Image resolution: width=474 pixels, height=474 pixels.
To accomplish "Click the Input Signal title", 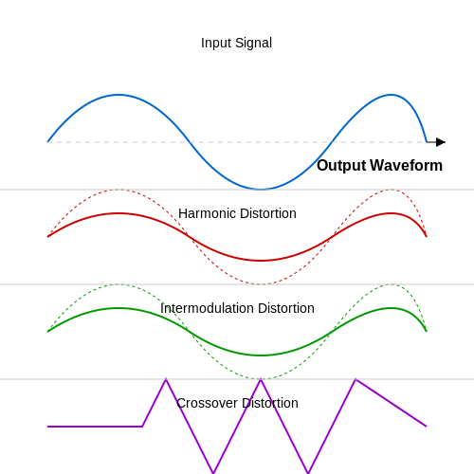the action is coord(236,43).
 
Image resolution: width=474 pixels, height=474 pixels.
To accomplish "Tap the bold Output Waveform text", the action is coord(379,166).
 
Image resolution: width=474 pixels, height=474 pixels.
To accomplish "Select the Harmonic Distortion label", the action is coord(237,213).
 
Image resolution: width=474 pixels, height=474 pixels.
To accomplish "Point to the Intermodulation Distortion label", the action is coord(237,308).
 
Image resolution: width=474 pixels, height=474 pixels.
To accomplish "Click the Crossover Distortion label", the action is coord(237,403).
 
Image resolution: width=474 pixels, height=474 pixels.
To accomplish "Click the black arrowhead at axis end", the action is coord(441,142).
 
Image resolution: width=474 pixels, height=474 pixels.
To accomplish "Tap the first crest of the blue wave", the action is coord(118,95).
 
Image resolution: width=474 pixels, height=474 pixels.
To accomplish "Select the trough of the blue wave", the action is coord(261,190).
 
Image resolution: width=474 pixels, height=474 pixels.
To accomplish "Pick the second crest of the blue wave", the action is coord(391,95).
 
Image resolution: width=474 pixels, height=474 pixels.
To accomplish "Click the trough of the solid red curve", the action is coord(261,261).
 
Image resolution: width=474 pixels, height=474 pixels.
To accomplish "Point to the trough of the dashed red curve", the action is coord(261,284).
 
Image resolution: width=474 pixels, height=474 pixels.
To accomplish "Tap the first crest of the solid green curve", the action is coord(118,308).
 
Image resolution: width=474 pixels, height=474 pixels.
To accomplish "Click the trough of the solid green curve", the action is coord(261,355).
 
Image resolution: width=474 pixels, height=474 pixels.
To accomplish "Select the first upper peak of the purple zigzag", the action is coord(166,379).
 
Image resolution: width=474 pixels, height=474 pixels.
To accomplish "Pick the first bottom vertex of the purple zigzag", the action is coord(213,473).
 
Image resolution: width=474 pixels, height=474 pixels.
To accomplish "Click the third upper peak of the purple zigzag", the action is coord(355,379).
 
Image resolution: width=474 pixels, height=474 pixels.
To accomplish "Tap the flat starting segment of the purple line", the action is coord(95,427).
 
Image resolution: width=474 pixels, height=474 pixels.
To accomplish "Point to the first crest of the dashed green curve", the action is coord(118,284).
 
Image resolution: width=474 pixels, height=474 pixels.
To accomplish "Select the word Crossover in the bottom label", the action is coord(207,403).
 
